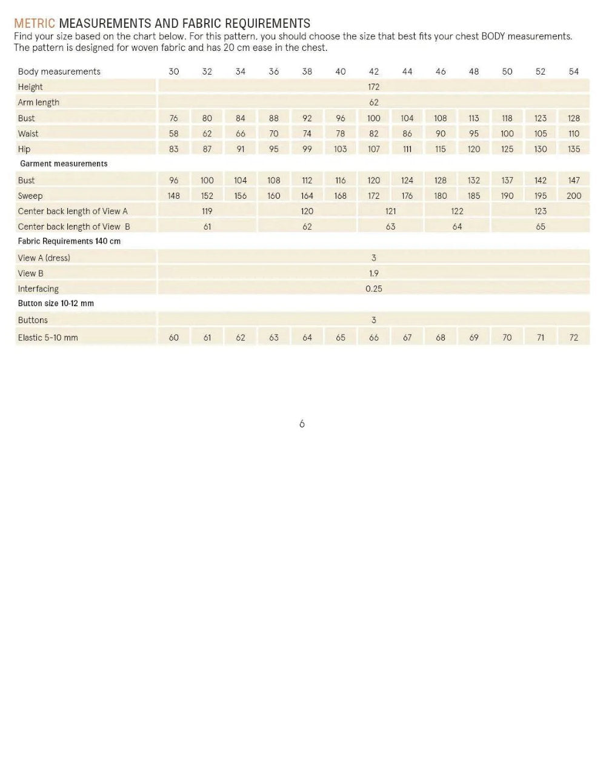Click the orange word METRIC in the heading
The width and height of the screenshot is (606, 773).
[35, 24]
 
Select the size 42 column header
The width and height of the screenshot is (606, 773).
[374, 72]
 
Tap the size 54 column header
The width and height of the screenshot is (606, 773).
[573, 72]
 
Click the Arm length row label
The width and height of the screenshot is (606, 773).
[39, 102]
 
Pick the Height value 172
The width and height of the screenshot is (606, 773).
[374, 87]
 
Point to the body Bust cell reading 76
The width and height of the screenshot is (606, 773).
[174, 118]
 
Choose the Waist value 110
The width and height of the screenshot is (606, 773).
[573, 134]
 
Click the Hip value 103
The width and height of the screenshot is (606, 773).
[341, 149]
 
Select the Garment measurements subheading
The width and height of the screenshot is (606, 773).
[64, 164]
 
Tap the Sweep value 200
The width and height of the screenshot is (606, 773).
[573, 196]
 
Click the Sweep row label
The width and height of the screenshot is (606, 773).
[30, 196]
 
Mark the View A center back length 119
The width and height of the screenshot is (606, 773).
[207, 212]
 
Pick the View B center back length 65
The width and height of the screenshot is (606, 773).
[540, 227]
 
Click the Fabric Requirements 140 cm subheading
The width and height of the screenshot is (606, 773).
[69, 241]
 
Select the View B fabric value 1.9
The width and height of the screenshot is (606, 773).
[374, 273]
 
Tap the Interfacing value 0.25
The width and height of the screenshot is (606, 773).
[374, 289]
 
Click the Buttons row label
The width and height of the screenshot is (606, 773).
[33, 320]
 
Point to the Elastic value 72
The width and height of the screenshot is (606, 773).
[573, 338]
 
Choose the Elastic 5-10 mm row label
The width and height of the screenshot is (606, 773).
[48, 338]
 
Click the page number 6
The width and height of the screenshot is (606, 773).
[302, 424]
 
